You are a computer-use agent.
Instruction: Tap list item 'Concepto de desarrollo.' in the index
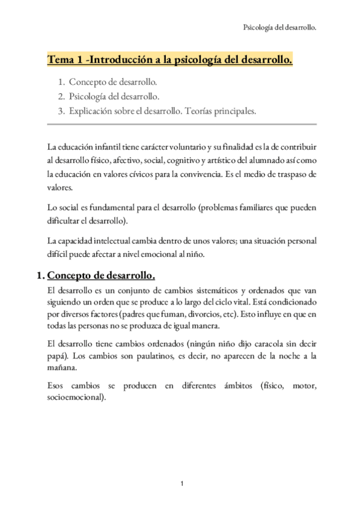point(113,82)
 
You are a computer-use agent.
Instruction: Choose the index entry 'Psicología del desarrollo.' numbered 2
point(114,96)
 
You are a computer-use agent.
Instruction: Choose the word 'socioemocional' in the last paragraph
point(75,397)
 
